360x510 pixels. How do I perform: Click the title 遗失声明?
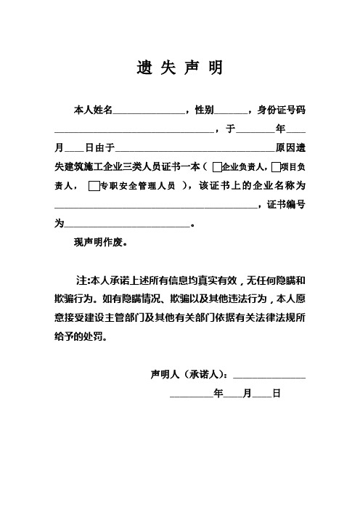[x=179, y=68]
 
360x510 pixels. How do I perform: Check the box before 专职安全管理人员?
[x=92, y=186]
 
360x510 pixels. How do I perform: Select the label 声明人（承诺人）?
[x=188, y=375]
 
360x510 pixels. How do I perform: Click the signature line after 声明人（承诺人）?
[x=269, y=376]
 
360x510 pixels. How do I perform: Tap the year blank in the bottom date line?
[x=191, y=394]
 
